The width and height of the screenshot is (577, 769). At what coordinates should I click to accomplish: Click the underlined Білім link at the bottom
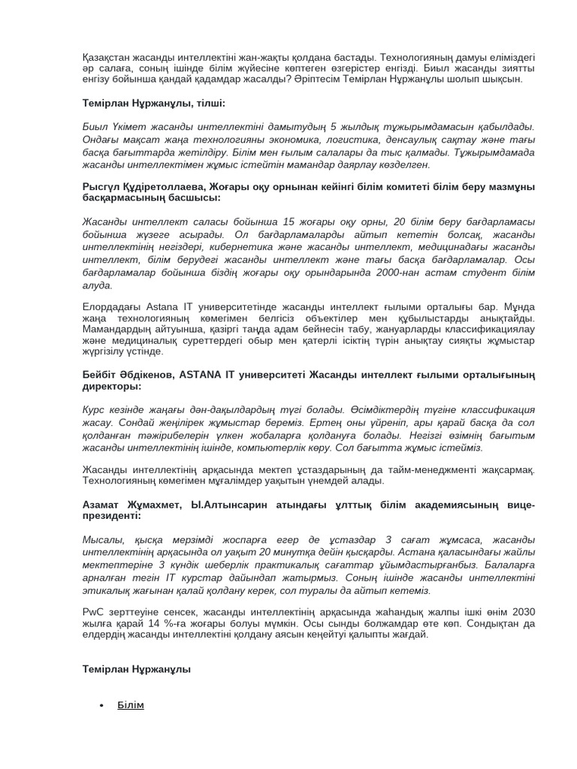point(130,705)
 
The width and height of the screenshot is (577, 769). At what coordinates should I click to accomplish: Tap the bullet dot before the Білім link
point(101,706)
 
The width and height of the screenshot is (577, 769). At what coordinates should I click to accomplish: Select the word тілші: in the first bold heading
point(208,101)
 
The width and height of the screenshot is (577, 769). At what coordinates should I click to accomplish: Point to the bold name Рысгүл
point(102,185)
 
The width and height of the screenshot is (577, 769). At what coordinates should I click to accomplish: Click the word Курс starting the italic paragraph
point(95,410)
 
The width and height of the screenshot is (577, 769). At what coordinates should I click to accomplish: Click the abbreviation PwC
point(93,611)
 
